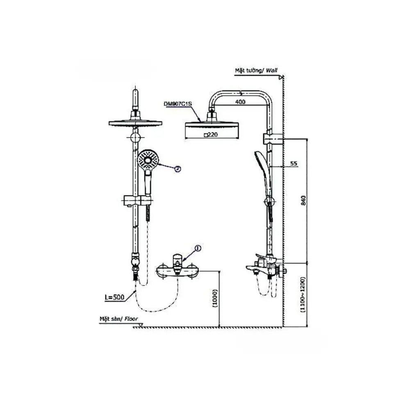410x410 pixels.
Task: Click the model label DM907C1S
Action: pos(178,104)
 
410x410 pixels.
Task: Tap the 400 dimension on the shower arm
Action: pos(240,102)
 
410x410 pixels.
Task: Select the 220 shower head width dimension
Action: pos(211,135)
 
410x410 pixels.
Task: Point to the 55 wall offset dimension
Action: pos(294,163)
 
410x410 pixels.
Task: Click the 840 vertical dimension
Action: pos(303,200)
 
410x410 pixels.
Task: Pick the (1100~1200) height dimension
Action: pos(303,294)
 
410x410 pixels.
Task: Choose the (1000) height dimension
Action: pos(215,298)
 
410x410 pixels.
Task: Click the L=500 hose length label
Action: pos(114,297)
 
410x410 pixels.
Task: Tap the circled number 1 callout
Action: pos(198,248)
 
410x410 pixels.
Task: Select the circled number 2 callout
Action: pos(178,169)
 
